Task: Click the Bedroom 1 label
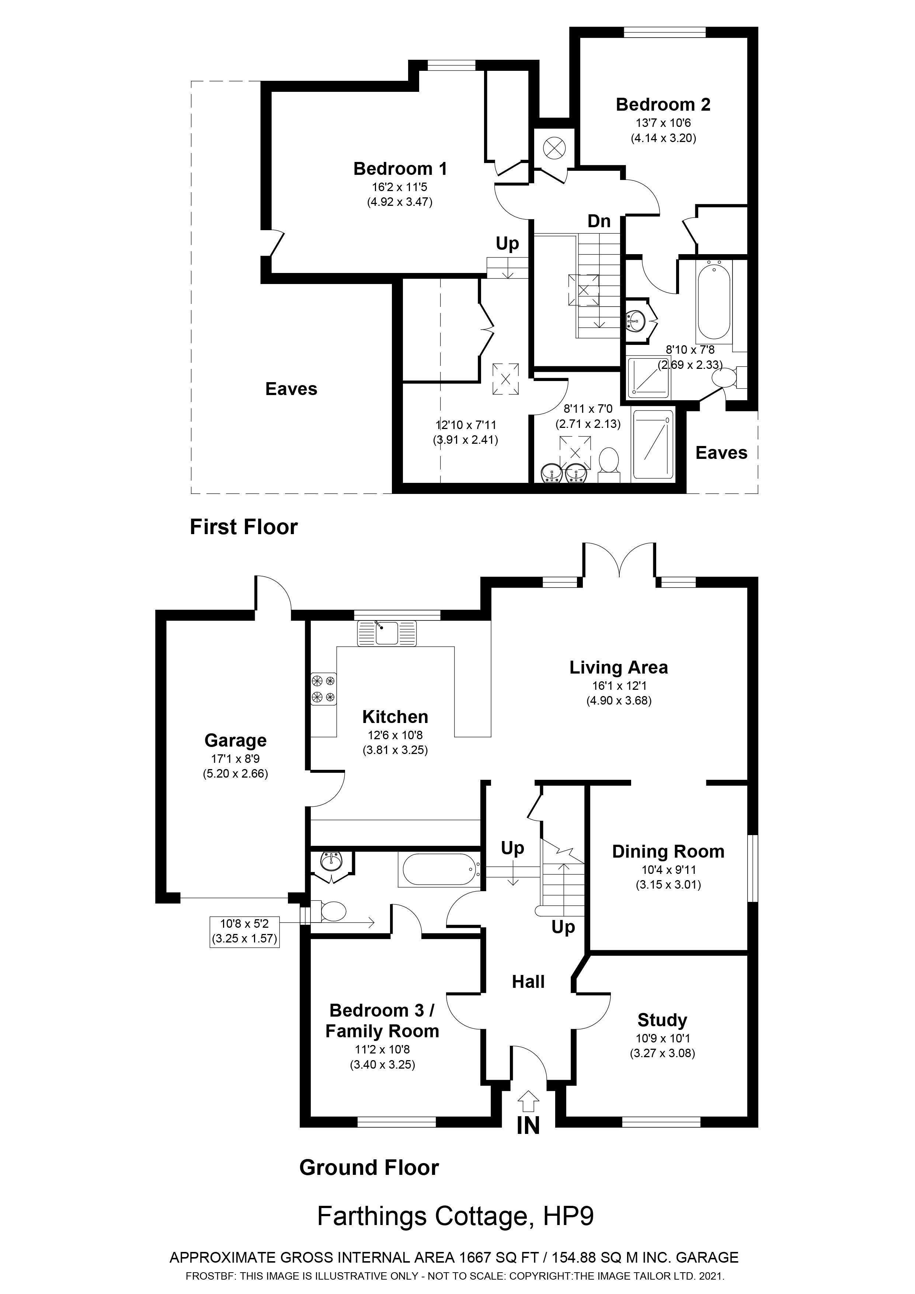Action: tap(400, 169)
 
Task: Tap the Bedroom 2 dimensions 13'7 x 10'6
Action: tap(663, 123)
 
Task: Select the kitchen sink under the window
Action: tap(386, 632)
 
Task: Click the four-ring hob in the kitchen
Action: tap(323, 689)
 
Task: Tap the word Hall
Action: tap(528, 982)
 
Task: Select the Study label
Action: tap(662, 1020)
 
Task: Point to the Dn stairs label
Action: tap(599, 221)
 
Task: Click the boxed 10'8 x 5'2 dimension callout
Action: tap(244, 931)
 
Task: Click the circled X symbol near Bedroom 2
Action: tap(554, 149)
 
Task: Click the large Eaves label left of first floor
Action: tap(291, 389)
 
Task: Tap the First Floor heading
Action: tap(243, 527)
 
